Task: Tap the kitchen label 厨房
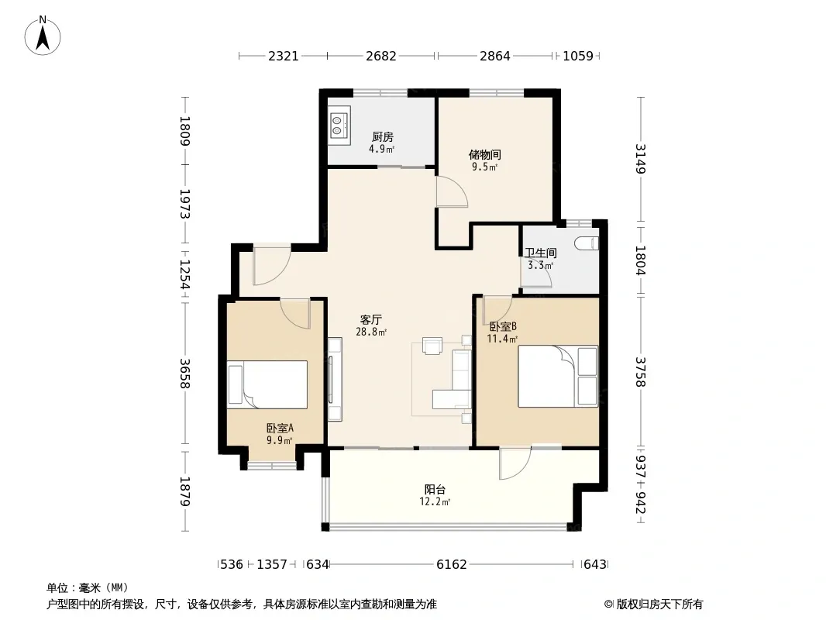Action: [x=383, y=137]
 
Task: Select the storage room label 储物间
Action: [x=484, y=155]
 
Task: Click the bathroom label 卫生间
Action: [x=541, y=253]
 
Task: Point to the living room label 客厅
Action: [x=371, y=320]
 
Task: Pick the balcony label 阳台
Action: [x=435, y=490]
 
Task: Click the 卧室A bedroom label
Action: [x=280, y=429]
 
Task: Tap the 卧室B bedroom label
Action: [x=503, y=326]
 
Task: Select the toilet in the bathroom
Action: [x=587, y=243]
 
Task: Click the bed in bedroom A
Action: [x=267, y=384]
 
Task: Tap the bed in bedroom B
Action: [x=558, y=376]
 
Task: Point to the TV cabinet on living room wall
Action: [x=335, y=379]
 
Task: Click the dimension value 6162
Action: [x=452, y=565]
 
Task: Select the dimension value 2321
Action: [x=284, y=56]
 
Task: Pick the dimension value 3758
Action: [x=641, y=372]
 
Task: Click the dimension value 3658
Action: [x=184, y=374]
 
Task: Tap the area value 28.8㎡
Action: [x=371, y=332]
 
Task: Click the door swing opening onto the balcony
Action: [x=515, y=463]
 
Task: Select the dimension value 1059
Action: [x=578, y=56]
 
